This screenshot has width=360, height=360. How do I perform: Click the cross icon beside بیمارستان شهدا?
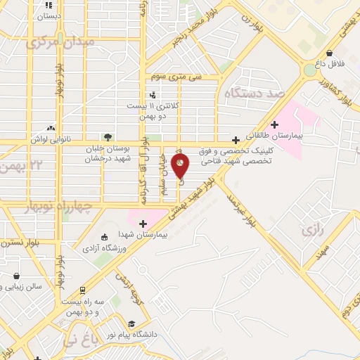click(x=143, y=223)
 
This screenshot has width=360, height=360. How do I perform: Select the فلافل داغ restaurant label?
click(x=330, y=63)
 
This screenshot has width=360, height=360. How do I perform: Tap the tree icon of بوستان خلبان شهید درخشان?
click(x=107, y=136)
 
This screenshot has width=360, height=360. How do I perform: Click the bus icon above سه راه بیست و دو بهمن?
click(x=82, y=290)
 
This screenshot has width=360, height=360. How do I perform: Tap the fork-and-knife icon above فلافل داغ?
click(x=330, y=52)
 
